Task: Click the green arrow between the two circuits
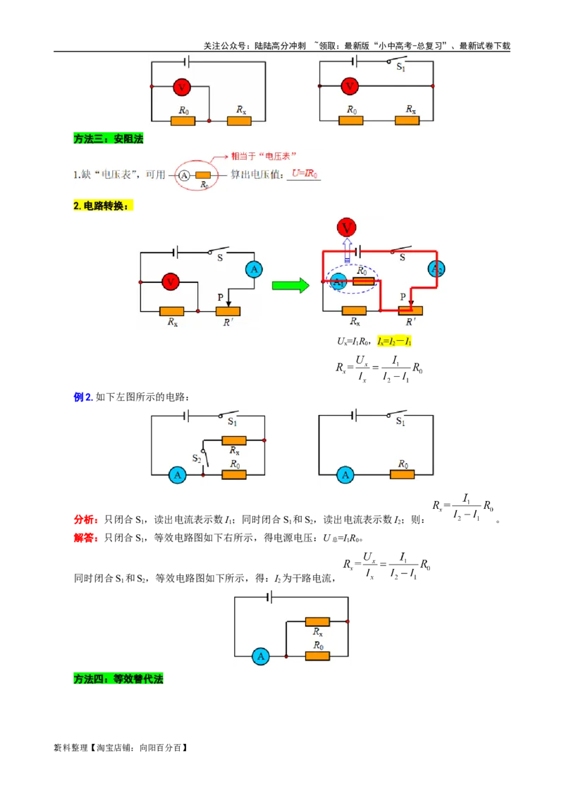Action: click(x=290, y=286)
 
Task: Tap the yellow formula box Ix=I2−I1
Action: click(x=395, y=342)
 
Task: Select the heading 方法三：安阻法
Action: click(x=108, y=139)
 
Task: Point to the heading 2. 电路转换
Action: click(x=102, y=206)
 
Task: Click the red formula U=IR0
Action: click(x=305, y=174)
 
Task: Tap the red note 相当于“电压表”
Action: click(x=264, y=155)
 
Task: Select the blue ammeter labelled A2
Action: click(x=437, y=269)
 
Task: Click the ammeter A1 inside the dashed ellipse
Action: click(x=338, y=282)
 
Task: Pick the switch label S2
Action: click(x=197, y=459)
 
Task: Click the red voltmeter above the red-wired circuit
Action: click(x=346, y=227)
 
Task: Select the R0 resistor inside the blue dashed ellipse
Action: click(x=363, y=281)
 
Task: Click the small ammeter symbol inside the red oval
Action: click(x=184, y=175)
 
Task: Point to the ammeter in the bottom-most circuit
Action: click(x=260, y=656)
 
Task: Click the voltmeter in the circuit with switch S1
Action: click(x=349, y=87)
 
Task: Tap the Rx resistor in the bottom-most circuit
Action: click(x=317, y=622)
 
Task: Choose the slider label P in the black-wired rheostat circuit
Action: click(x=220, y=298)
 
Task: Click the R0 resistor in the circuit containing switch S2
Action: click(x=234, y=475)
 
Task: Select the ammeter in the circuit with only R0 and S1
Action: click(x=345, y=475)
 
